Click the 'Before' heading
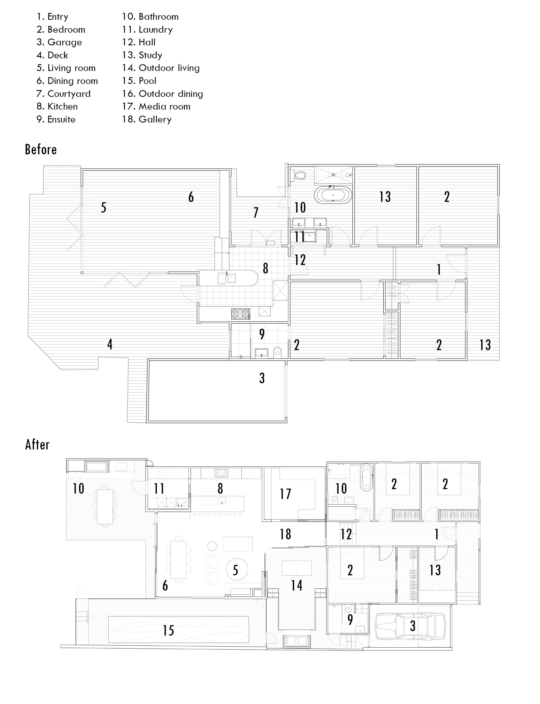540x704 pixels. click(41, 150)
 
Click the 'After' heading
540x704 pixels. click(37, 445)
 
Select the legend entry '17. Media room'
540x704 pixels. click(156, 106)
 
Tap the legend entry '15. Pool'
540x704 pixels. click(139, 81)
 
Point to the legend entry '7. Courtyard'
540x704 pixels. click(63, 93)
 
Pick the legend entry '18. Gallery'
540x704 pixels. click(147, 119)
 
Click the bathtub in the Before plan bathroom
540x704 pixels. click(333, 195)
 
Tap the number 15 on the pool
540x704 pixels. click(168, 630)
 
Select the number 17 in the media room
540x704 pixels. click(285, 494)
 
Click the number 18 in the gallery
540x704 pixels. click(285, 534)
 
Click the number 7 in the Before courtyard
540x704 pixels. click(256, 212)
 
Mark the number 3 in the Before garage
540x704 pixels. click(262, 378)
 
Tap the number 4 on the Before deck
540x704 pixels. click(110, 344)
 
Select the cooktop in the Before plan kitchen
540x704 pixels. click(240, 314)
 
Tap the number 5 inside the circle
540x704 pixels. click(236, 571)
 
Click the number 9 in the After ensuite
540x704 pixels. click(350, 619)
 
